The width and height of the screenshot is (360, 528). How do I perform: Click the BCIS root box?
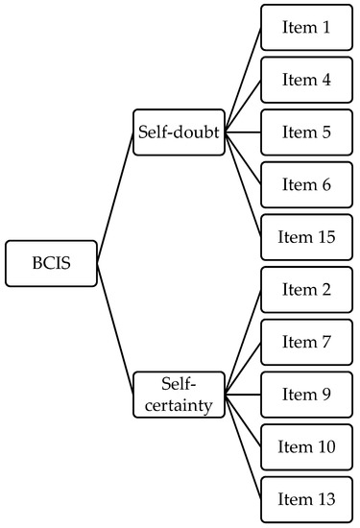pos(51,263)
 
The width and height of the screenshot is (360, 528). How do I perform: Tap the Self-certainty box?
pos(179,394)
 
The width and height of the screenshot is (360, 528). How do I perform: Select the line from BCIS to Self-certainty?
pos(114,328)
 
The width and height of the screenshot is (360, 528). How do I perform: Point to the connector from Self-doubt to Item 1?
pos(244,81)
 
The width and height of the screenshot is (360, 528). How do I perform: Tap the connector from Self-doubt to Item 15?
pos(244,185)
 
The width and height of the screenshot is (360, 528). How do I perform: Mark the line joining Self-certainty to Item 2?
pos(244,342)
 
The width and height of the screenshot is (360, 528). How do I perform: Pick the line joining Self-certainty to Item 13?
pos(244,446)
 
